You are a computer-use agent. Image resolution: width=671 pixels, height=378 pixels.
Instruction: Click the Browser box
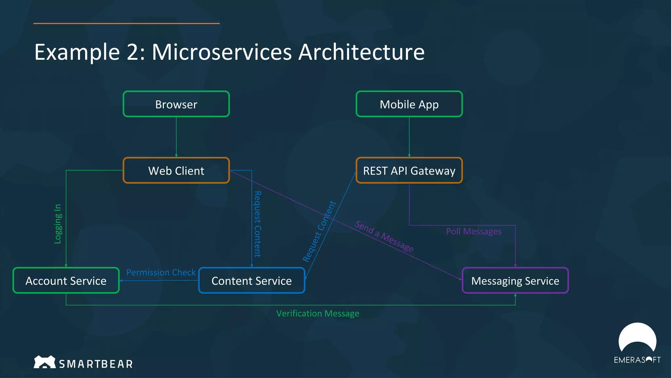[x=176, y=104]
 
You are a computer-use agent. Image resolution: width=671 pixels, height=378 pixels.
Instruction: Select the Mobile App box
[x=409, y=104]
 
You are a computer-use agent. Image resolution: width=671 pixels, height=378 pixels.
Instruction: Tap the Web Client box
[x=176, y=171]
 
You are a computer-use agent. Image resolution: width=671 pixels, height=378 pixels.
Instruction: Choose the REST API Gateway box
[x=409, y=171]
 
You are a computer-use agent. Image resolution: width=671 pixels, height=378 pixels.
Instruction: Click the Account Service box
[x=66, y=281]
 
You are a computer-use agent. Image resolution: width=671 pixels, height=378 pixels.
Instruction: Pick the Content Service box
[x=252, y=281]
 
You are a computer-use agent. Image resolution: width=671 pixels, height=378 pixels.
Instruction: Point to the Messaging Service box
[x=515, y=281]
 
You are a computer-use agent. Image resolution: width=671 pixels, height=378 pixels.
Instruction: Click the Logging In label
[x=58, y=224]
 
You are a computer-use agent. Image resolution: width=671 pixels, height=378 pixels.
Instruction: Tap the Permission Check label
[x=161, y=272]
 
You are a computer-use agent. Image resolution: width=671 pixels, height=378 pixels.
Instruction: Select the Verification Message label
[x=317, y=313]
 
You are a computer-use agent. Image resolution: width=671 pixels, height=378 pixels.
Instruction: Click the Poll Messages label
[x=473, y=231]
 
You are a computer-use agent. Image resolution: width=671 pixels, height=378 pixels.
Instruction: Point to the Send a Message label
[x=384, y=236]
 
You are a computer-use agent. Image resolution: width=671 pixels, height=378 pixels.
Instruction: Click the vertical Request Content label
[x=258, y=224]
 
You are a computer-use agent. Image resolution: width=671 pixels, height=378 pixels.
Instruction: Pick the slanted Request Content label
[x=319, y=232]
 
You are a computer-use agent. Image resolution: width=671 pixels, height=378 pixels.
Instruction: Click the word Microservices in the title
[x=222, y=52]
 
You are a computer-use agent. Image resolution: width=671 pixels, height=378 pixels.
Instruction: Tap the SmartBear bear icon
[x=45, y=362]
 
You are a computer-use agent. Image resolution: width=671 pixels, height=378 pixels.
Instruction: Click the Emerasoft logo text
[x=637, y=360]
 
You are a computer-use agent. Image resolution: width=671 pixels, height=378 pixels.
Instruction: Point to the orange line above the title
[x=126, y=23]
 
